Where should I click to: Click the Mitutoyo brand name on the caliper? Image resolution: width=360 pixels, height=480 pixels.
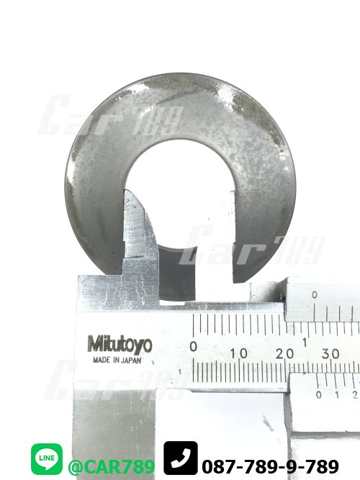click(x=120, y=345)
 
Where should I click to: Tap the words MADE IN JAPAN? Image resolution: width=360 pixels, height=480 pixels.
click(x=117, y=361)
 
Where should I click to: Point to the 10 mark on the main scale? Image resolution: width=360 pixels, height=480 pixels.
click(x=239, y=353)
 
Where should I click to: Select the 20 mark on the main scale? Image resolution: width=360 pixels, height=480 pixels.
click(x=284, y=353)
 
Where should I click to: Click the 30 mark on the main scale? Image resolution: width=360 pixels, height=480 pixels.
click(x=330, y=353)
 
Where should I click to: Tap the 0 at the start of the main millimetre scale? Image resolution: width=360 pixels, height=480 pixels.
click(x=194, y=347)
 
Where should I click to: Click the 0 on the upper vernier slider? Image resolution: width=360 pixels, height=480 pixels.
click(x=315, y=295)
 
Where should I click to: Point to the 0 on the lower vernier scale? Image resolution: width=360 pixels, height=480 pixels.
click(x=319, y=395)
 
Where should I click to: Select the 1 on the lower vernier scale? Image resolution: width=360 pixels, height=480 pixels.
click(x=337, y=395)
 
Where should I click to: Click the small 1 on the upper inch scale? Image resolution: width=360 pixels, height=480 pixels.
click(x=305, y=343)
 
